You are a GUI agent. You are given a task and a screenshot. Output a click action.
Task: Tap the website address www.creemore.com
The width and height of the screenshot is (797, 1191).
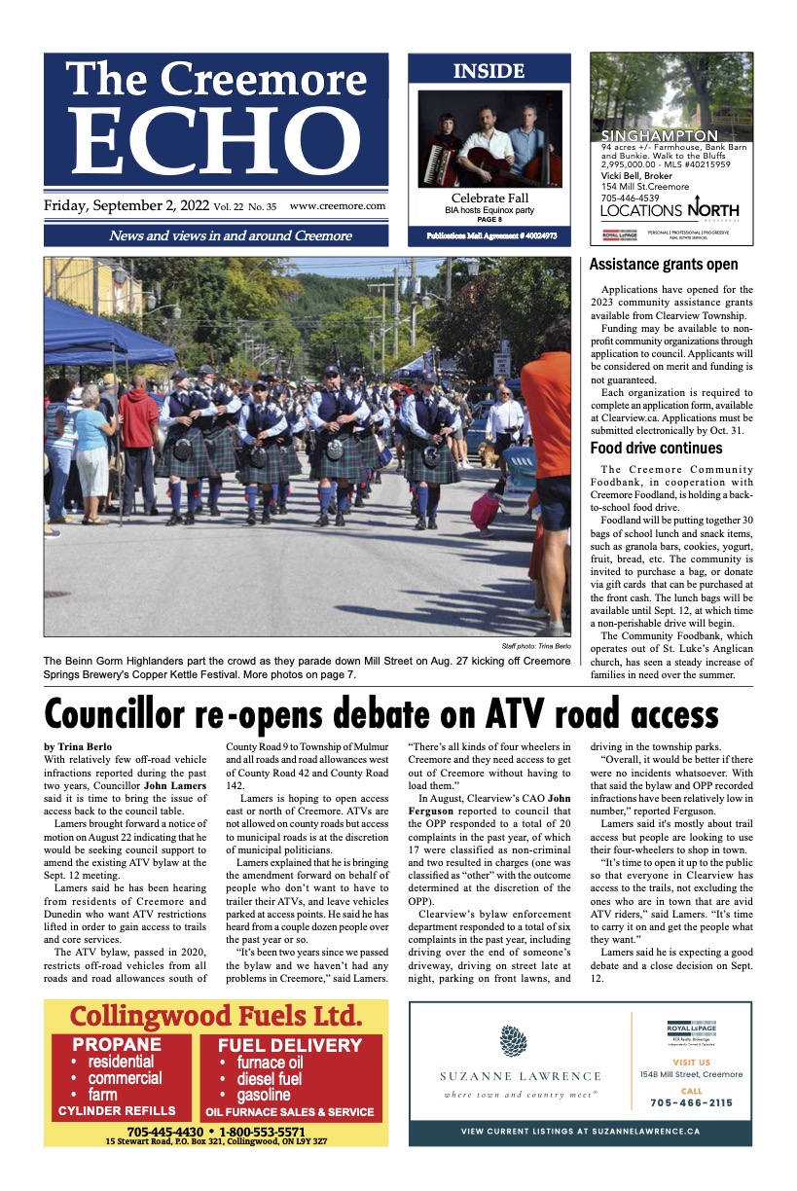[337, 206]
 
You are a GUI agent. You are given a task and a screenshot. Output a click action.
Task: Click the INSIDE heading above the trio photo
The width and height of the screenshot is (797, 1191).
[489, 71]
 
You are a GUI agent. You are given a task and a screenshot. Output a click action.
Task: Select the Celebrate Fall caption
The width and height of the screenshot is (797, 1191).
[489, 198]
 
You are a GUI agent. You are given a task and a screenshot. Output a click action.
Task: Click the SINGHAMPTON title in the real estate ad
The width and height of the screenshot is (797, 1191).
[659, 136]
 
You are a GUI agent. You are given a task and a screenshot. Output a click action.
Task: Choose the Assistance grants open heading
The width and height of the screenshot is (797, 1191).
[664, 265]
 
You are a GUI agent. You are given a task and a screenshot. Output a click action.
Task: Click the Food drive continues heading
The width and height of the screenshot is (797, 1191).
[656, 449]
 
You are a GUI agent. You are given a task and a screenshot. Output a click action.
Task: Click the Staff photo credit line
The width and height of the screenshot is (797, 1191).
[535, 647]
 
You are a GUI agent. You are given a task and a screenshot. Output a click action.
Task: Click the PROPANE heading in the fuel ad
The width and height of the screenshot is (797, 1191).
[118, 1045]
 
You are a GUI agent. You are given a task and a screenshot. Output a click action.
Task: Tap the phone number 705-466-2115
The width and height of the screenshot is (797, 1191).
[691, 1102]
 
